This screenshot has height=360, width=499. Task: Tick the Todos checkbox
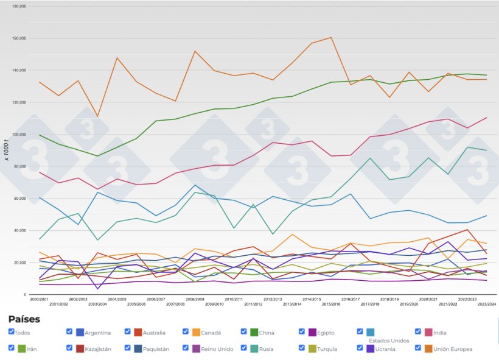coord(12,331)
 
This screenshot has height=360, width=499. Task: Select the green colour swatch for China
coord(255,332)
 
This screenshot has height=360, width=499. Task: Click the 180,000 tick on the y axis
coord(19,7)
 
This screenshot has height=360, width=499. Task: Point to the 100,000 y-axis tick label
coord(19,135)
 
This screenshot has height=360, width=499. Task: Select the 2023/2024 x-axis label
coord(486,303)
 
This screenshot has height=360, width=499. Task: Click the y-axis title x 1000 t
coord(6,150)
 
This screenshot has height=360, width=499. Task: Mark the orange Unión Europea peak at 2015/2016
coord(331,38)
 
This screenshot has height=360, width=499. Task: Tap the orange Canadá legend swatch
coord(197,332)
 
